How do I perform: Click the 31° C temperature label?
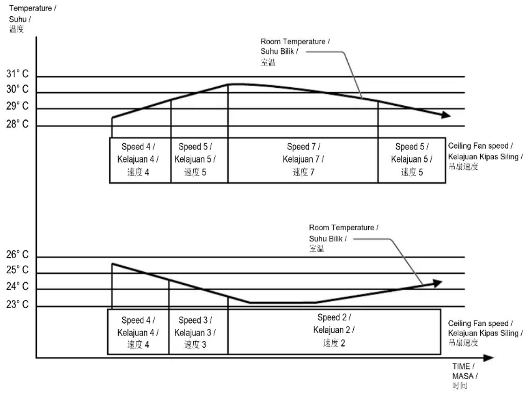pos(17,74)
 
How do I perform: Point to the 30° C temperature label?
pos(17,89)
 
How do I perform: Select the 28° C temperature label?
pos(17,124)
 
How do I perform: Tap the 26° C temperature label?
pos(17,255)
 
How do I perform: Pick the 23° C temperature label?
pos(17,304)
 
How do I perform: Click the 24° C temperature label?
pos(17,286)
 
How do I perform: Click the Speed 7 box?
pos(303,160)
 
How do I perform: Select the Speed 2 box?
pos(334,331)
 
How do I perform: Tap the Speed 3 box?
pos(198,331)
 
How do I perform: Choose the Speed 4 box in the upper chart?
pos(140,160)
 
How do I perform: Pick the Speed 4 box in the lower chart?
pos(138,331)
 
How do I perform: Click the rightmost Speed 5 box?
pos(412,160)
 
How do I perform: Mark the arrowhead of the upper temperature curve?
pos(447,115)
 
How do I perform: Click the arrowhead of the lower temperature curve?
pos(438,283)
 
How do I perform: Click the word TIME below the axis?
pos(461,366)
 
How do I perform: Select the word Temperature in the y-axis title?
pos(30,8)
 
